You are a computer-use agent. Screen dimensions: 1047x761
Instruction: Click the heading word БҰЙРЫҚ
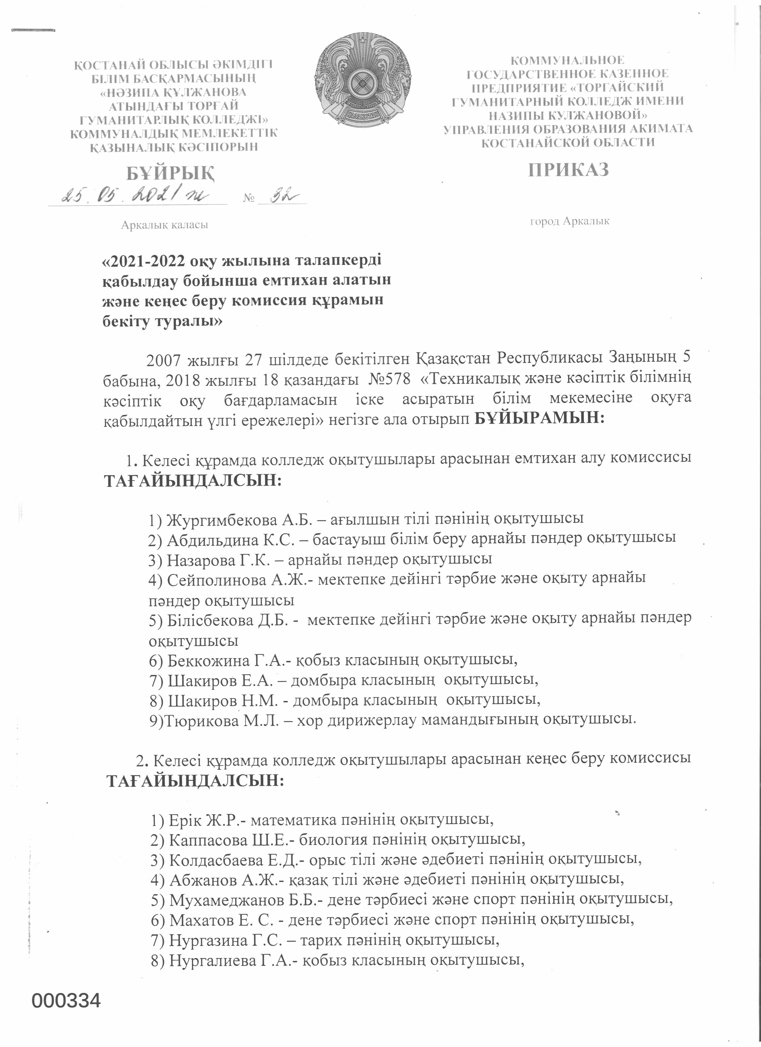pos(171,174)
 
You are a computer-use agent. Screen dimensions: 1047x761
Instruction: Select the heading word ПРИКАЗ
pos(569,170)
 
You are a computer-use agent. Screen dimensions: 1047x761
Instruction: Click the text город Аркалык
pos(569,221)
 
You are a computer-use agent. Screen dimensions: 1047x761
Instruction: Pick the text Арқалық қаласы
pos(164,225)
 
